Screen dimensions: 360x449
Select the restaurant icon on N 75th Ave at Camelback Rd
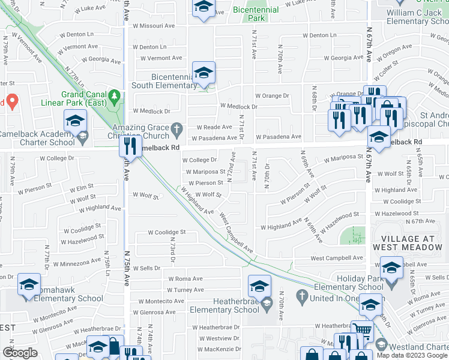point(130,145)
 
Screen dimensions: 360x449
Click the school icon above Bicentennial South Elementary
point(203,73)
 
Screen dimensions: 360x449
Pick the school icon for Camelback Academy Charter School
point(75,121)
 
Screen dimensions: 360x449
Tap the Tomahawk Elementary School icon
point(29,284)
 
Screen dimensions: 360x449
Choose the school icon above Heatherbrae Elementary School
point(259,286)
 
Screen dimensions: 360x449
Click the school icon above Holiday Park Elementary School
point(391,266)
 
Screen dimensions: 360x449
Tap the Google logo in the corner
point(19,353)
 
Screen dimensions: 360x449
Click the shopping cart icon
point(361,329)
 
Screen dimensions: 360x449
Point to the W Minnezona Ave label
point(77,263)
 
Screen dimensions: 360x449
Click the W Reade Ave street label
point(214,127)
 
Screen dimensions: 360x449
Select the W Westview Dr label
point(218,338)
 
